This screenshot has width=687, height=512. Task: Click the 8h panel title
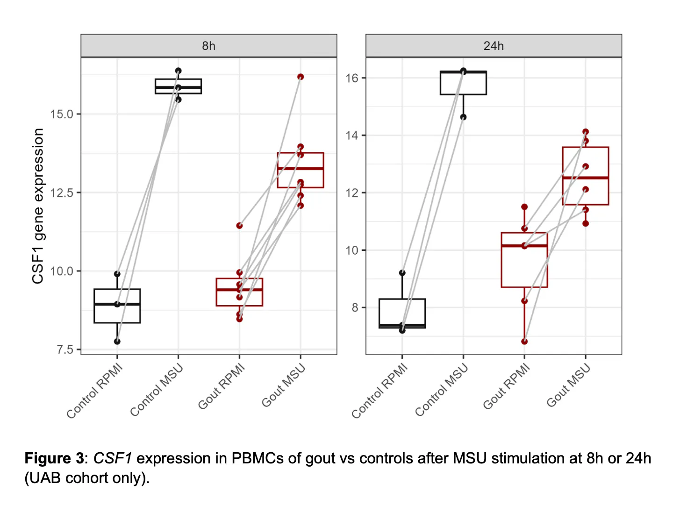pyautogui.click(x=208, y=46)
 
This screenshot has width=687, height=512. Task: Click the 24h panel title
pyautogui.click(x=494, y=46)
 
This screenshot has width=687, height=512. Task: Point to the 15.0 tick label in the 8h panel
pyautogui.click(x=62, y=114)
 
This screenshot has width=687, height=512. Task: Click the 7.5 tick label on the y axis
pyautogui.click(x=65, y=350)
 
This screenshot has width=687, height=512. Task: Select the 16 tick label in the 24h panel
pyautogui.click(x=352, y=78)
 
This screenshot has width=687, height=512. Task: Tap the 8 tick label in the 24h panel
pyautogui.click(x=355, y=308)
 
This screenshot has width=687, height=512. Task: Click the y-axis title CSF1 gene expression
pyautogui.click(x=38, y=206)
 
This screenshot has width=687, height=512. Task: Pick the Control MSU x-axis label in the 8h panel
pyautogui.click(x=157, y=391)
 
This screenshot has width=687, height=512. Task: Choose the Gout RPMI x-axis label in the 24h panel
pyautogui.click(x=507, y=387)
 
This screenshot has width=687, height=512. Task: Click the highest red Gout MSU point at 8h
pyautogui.click(x=301, y=77)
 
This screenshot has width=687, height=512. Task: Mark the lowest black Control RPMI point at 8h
pyautogui.click(x=117, y=341)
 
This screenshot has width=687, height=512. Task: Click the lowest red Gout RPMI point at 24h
pyautogui.click(x=524, y=341)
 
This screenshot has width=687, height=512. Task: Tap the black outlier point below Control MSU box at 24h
pyautogui.click(x=463, y=117)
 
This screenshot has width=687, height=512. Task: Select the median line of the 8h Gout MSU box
pyautogui.click(x=301, y=168)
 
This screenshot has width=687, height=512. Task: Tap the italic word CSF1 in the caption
pyautogui.click(x=113, y=458)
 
